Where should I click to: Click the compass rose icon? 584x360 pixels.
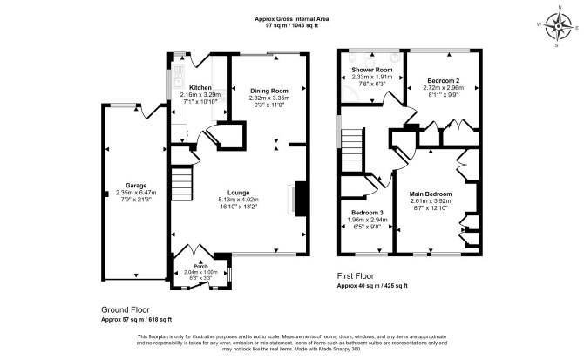coord(558,26)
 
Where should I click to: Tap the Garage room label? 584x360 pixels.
coord(136,186)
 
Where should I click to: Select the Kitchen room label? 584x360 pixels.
coord(200,88)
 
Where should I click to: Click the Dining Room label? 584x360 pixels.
coord(269,91)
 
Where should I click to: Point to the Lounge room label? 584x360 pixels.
coord(238,193)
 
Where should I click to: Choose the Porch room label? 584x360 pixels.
coord(200,266)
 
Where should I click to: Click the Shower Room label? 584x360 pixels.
coord(372,70)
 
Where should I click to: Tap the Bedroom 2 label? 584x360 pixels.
coord(443,81)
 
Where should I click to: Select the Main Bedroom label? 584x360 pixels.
coord(431,194)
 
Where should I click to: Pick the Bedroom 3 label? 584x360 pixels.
coord(367,213)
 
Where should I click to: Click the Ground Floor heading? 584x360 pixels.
coord(126,309)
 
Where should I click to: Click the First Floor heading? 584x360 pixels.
coord(356,275)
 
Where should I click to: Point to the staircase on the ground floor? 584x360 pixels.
coord(182,184)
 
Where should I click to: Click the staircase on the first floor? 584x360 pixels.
coord(351,149)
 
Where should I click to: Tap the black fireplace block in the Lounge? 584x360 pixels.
coord(301,199)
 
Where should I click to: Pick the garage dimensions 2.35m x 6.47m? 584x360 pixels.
coord(136,193)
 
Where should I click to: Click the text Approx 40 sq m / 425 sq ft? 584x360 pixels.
coord(372,286)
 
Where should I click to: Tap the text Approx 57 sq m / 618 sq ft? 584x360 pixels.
coord(136,319)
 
